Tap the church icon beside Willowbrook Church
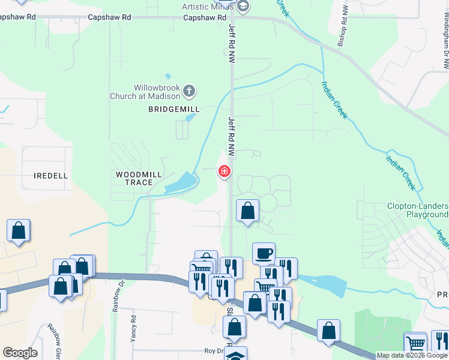coord(189,91)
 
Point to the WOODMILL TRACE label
coord(139,178)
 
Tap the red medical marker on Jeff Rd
coord(224,172)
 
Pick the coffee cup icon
coord(264,253)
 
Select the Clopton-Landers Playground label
coord(418,209)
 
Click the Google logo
coord(20,353)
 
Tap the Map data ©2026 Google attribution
coord(412,355)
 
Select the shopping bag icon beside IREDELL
coord(19,230)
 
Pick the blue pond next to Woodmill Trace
coord(180,182)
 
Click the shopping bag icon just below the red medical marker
coord(247,211)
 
